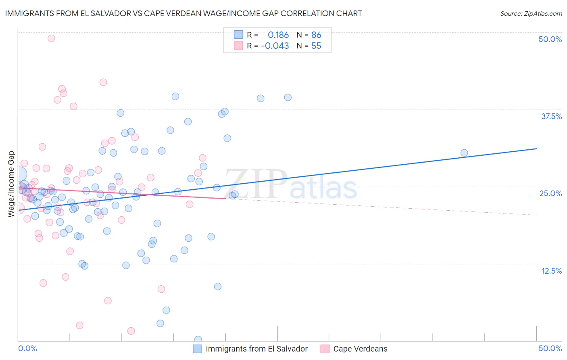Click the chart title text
click(x=183, y=13)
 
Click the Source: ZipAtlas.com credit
click(x=531, y=14)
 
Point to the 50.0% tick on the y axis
click(x=550, y=39)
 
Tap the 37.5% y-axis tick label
click(x=551, y=116)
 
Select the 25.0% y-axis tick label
click(x=550, y=193)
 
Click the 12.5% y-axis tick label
click(x=551, y=271)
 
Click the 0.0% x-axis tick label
click(x=27, y=348)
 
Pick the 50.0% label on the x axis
click(x=550, y=348)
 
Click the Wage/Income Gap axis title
click(x=11, y=184)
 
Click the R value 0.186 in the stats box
click(x=278, y=35)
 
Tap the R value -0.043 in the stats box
click(x=275, y=46)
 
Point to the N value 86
click(x=316, y=35)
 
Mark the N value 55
click(x=316, y=46)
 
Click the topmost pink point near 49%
click(x=51, y=38)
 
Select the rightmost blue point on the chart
click(x=464, y=153)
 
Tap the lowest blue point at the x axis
click(x=198, y=339)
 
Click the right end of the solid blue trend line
click(x=536, y=149)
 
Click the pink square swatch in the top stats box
click(x=238, y=46)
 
